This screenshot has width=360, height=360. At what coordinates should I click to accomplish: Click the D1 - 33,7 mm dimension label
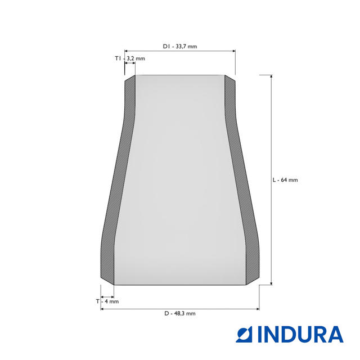pyautogui.click(x=180, y=46)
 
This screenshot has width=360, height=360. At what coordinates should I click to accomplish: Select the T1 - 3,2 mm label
pyautogui.click(x=130, y=58)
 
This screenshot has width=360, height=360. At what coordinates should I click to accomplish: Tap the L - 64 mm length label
pyautogui.click(x=285, y=180)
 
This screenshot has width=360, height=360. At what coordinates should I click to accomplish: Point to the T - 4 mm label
pyautogui.click(x=107, y=301)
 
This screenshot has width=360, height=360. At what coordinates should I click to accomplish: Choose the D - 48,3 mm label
pyautogui.click(x=180, y=313)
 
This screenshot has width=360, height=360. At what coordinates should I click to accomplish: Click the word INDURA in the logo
pyautogui.click(x=300, y=334)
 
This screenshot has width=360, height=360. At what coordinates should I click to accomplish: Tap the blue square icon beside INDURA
pyautogui.click(x=244, y=334)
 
